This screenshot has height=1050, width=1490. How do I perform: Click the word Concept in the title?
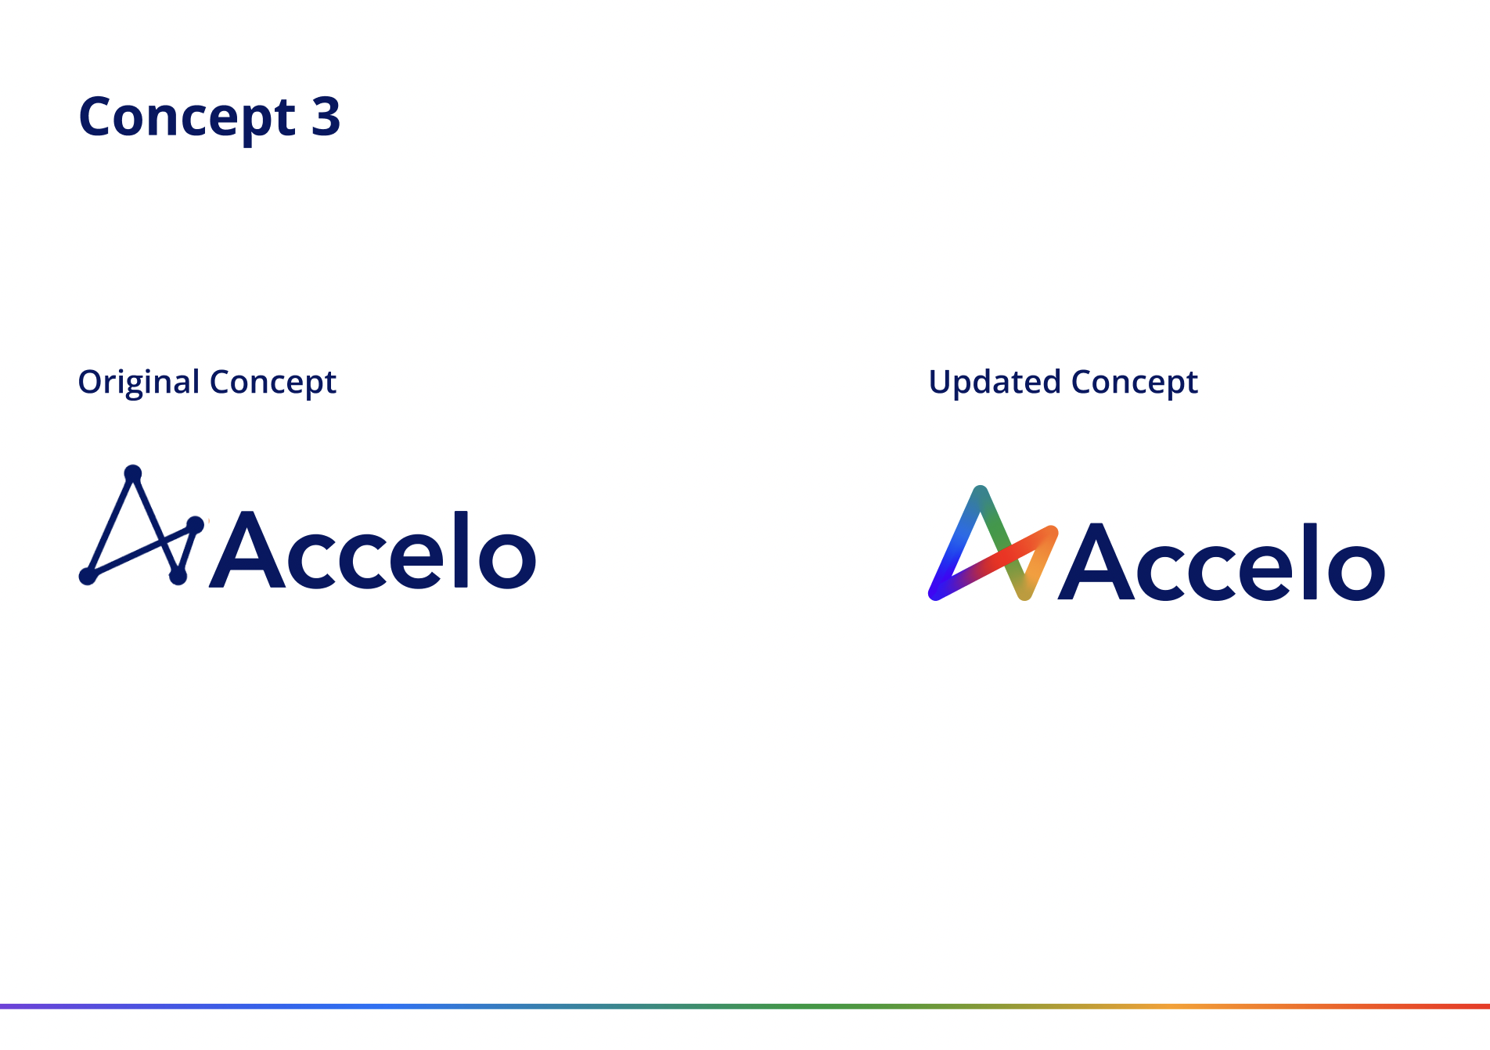[186, 117]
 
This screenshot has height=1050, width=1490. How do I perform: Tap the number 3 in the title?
[326, 117]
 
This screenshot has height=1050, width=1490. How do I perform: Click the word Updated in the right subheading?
[994, 383]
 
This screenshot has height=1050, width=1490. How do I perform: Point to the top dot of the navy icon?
[133, 473]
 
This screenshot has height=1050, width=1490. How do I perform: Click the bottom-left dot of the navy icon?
[88, 577]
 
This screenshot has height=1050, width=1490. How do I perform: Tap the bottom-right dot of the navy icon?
[178, 577]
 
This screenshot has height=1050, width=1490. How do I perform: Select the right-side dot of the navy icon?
[196, 524]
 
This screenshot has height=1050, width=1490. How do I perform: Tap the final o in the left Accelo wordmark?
[507, 558]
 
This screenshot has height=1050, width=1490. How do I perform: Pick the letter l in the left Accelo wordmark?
[461, 549]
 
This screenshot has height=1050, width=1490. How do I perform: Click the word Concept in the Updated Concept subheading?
[1134, 383]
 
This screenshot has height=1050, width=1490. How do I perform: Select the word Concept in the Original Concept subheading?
[272, 383]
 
